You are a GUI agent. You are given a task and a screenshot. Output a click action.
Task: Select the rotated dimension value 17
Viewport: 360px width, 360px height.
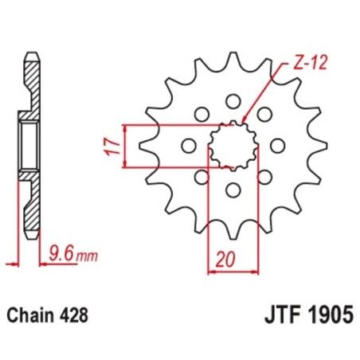point(115,146)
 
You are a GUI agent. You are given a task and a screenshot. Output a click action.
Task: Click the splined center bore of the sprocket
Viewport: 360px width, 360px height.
point(233,146)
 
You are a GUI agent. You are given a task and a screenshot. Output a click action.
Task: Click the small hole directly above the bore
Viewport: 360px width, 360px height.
point(233,101)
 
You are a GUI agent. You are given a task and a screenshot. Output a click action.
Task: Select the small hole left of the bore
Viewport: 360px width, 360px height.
point(189,146)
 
